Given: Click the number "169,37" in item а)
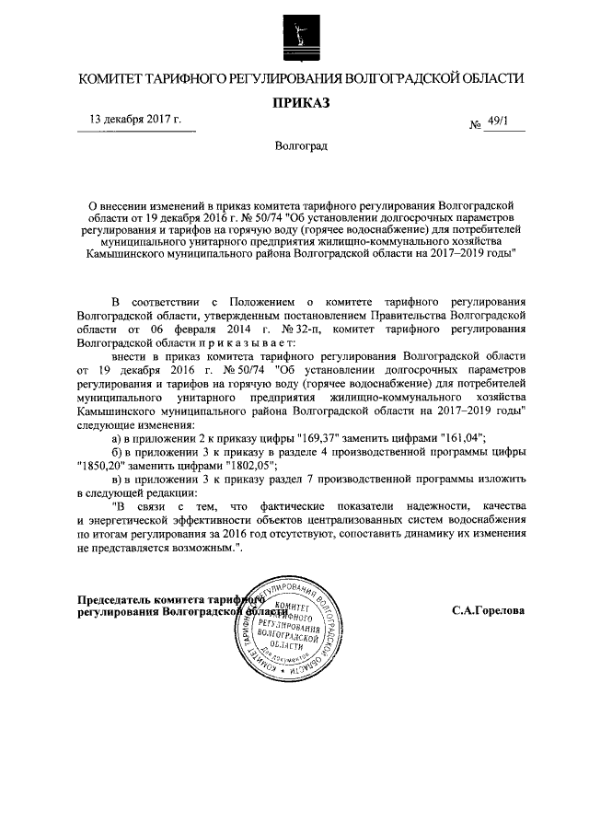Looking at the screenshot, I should tap(319, 437).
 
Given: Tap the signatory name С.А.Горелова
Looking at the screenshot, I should tap(489, 609).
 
